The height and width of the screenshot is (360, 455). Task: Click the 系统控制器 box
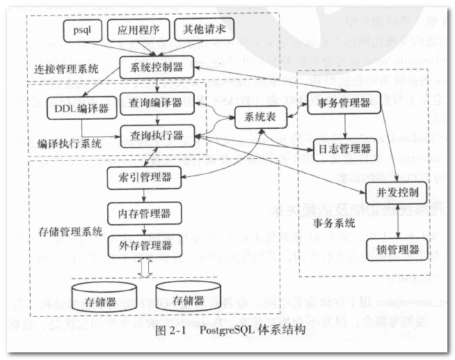click(x=152, y=68)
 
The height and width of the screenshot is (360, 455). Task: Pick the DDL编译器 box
click(x=77, y=109)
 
